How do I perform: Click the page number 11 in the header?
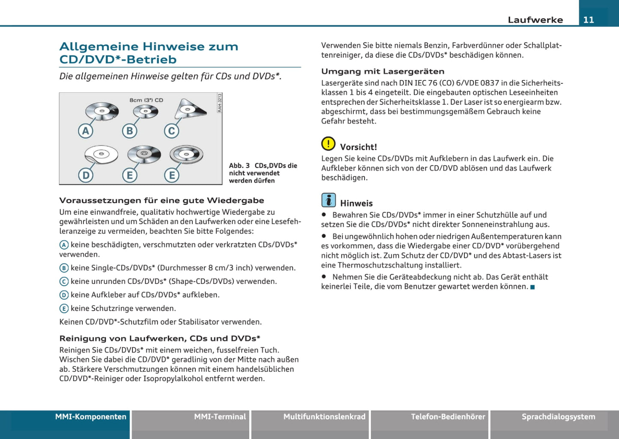click(x=589, y=20)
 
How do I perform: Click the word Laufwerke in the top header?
click(x=535, y=20)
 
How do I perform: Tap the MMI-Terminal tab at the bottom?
click(x=220, y=417)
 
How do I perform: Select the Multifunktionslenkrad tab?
click(x=324, y=417)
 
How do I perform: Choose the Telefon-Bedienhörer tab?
click(x=448, y=417)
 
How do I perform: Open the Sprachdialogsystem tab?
click(x=558, y=417)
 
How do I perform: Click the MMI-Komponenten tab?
click(x=90, y=417)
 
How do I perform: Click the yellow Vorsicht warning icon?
click(x=328, y=144)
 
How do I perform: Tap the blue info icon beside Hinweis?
click(x=329, y=200)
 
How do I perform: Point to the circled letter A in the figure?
click(x=86, y=131)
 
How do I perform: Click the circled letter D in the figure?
click(x=86, y=175)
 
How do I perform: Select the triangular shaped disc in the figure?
click(x=189, y=109)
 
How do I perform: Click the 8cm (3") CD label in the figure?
click(x=146, y=100)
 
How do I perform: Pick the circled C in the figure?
click(x=172, y=131)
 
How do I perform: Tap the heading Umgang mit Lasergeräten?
click(x=383, y=71)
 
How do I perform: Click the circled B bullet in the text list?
click(x=64, y=268)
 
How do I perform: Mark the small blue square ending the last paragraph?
click(x=532, y=287)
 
